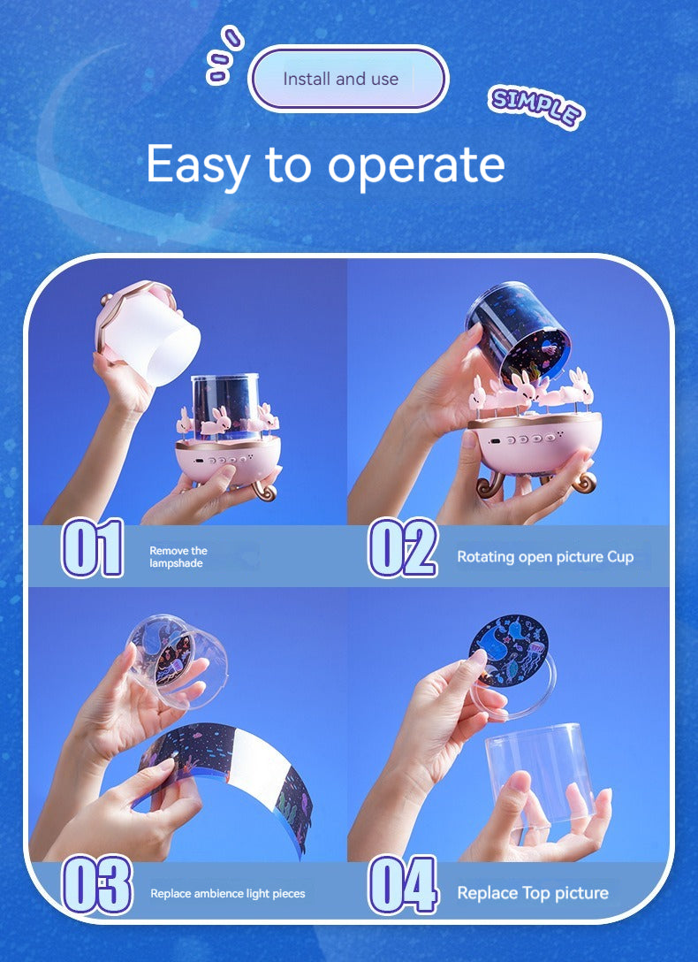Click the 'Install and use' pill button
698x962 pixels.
coord(348,79)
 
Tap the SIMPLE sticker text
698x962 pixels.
coord(536,106)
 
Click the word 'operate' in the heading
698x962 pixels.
coord(415,165)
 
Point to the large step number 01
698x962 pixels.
coord(93,548)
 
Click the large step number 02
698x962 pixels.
coord(403,548)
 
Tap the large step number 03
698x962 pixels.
coord(97,884)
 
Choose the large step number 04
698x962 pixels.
coord(403,884)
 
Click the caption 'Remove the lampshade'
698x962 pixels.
coord(178,557)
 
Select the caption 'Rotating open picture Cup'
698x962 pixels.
coord(545,557)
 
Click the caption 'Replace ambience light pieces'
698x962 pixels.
coord(228,894)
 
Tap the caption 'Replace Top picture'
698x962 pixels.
coord(533,893)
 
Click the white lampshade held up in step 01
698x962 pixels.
coord(149,332)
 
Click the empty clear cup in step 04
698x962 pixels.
coord(539,773)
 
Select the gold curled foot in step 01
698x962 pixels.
coord(263,491)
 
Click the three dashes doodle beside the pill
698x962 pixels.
coord(224,54)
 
